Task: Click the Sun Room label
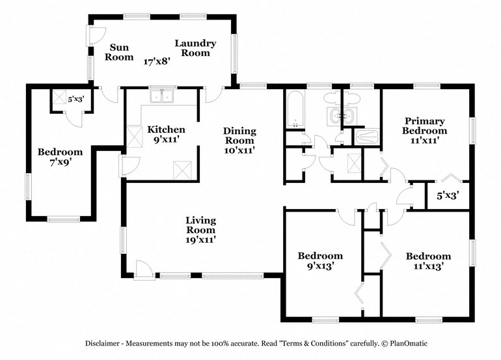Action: [120, 52]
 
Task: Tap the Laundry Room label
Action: [195, 48]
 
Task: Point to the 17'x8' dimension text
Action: [157, 62]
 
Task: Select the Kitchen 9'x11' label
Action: [166, 134]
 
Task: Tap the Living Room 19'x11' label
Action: [200, 230]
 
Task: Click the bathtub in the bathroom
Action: [295, 111]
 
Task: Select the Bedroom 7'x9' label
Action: [60, 157]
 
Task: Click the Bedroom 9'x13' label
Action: [320, 260]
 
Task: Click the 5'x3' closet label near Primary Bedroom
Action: [447, 194]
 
